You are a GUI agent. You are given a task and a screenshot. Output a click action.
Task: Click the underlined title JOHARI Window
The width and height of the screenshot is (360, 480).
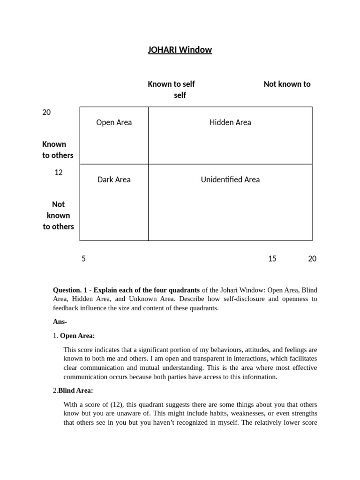coord(180,50)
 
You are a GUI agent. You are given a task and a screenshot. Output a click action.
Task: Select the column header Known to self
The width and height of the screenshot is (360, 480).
coord(171,84)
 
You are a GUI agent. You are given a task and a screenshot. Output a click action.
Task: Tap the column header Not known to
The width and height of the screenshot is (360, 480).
coord(287,84)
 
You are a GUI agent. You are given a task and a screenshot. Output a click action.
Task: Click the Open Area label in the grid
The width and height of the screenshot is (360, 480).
coord(114,122)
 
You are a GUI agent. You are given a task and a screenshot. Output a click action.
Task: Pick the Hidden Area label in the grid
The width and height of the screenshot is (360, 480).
coord(230,122)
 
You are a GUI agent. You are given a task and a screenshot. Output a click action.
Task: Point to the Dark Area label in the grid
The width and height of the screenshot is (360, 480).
coord(114,180)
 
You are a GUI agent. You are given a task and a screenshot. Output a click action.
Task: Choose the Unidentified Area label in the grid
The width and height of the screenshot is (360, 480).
coord(230,180)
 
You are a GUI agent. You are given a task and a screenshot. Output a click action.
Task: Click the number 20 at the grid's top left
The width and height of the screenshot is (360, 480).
coord(46,112)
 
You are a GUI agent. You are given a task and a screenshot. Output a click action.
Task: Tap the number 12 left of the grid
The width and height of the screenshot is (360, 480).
coord(58,172)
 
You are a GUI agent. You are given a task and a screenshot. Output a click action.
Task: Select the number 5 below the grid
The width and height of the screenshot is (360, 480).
coord(83,259)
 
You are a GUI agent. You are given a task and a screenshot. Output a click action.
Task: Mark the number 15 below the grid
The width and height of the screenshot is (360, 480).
coord(272,259)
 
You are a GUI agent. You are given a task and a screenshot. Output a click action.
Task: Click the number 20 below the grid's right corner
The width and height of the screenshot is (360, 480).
coord(312,259)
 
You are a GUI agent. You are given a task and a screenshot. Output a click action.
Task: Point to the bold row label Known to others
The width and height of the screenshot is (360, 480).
coord(58,150)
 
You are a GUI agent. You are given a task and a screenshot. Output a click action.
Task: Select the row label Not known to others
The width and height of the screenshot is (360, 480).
coord(58,216)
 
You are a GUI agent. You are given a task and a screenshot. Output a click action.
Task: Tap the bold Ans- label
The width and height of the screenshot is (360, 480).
coord(60,322)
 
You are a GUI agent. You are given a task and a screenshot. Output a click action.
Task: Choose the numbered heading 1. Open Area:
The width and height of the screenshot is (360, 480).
coord(74,336)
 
